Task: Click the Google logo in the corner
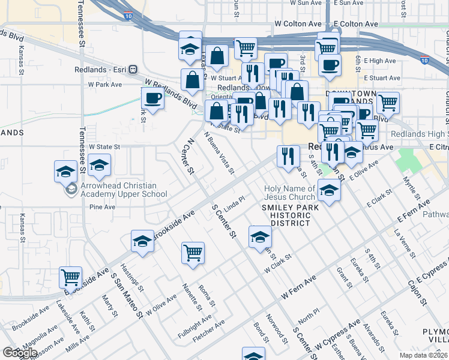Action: [20, 353]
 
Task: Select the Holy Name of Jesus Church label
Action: [289, 193]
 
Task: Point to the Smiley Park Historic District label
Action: [285, 215]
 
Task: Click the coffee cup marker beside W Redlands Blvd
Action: [152, 100]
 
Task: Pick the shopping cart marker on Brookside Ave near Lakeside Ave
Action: [71, 278]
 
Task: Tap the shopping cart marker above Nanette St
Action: [193, 254]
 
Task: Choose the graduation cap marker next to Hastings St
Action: [142, 242]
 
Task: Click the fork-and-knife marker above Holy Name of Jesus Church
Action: [288, 157]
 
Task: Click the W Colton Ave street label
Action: [298, 23]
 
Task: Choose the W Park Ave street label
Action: [105, 85]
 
